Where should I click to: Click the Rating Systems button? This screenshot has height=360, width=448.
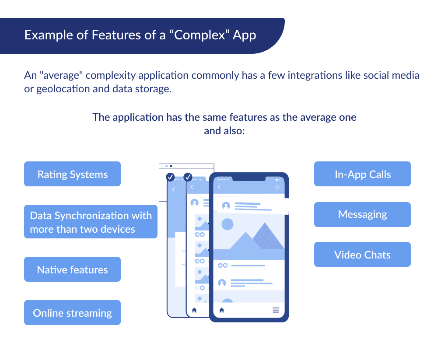[72, 174]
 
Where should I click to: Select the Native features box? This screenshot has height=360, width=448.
[72, 269]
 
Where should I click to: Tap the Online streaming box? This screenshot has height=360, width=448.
[72, 313]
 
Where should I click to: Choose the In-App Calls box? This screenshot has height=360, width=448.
[362, 174]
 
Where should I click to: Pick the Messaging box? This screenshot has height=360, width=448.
[362, 214]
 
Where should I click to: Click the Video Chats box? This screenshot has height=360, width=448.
[362, 255]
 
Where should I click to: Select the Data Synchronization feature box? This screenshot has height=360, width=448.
[91, 222]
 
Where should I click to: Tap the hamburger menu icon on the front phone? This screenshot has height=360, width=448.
[276, 310]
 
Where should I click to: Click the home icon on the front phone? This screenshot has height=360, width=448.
[221, 310]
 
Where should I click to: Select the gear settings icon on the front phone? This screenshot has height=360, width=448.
[277, 187]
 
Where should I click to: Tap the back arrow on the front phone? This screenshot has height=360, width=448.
[219, 187]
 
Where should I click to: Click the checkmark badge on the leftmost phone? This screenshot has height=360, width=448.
[171, 177]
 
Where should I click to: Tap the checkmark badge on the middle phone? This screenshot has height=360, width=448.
[188, 177]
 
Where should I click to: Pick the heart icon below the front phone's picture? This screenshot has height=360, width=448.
[226, 265]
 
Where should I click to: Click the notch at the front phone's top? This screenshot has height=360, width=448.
[248, 178]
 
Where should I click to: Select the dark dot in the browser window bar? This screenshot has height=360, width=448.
[171, 166]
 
